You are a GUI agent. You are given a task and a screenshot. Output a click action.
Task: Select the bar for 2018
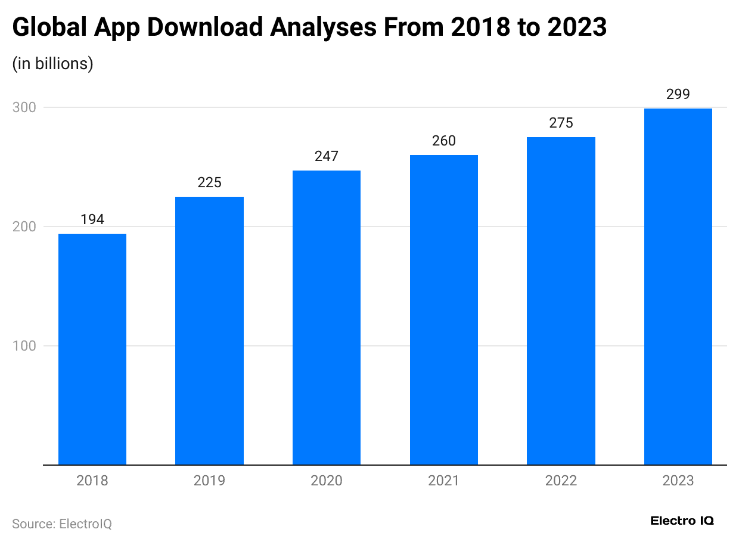[x=92, y=349]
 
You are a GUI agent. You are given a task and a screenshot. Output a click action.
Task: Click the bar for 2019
[x=209, y=331]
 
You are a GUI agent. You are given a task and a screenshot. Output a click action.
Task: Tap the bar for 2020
[x=327, y=318]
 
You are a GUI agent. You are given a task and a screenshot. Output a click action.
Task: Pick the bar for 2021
[x=443, y=310]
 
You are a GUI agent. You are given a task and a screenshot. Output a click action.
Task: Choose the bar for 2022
[x=561, y=301]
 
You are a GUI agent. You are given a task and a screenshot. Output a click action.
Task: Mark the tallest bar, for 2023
[x=678, y=287]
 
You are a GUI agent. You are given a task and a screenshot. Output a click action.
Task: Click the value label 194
[x=92, y=219]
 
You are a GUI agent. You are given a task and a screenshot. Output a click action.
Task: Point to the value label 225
[x=209, y=182]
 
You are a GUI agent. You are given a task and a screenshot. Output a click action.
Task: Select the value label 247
[x=327, y=156]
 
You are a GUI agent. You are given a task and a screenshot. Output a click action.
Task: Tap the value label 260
[x=443, y=141]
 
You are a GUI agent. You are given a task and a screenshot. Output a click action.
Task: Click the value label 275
[x=561, y=123]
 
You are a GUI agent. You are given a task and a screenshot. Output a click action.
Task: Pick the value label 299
[x=678, y=94]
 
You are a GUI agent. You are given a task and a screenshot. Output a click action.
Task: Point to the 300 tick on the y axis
[x=24, y=108]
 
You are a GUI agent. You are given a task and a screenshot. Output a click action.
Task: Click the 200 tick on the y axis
[x=24, y=227]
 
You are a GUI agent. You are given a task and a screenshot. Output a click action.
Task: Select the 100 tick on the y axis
[x=24, y=346]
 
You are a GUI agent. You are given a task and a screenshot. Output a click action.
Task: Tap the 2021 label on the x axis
[x=443, y=481]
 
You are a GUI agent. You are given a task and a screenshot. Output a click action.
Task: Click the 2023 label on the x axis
[x=678, y=481]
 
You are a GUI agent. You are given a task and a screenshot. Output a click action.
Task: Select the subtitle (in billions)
[x=53, y=64]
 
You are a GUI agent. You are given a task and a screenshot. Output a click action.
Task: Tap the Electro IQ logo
[x=682, y=521]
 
